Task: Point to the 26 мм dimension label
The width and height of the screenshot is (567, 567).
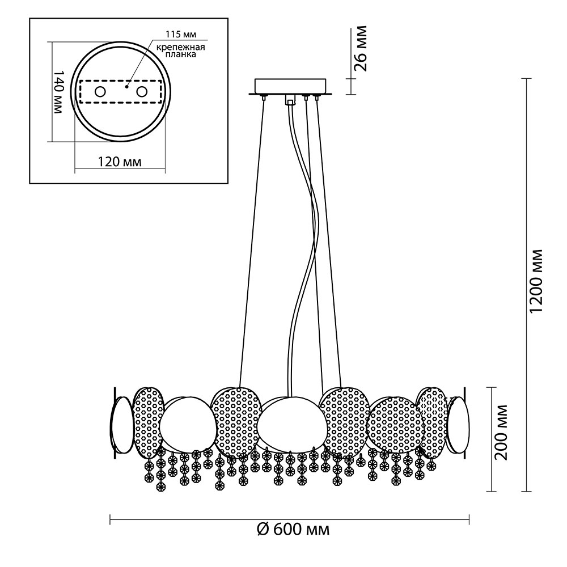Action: pyautogui.click(x=360, y=48)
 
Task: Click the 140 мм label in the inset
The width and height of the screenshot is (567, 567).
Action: pyautogui.click(x=58, y=92)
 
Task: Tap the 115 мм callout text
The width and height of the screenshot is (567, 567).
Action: pyautogui.click(x=181, y=35)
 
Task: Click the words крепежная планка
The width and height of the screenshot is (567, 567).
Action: pyautogui.click(x=181, y=50)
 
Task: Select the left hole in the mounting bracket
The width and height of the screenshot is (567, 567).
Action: pyautogui.click(x=100, y=92)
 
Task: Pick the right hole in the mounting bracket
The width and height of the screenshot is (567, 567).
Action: pyautogui.click(x=141, y=92)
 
